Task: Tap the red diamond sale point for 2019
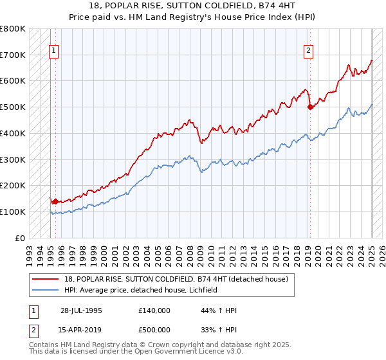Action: (310, 107)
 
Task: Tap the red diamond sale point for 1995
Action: (56, 201)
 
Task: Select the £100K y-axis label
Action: (13, 212)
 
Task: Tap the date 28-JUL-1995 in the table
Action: (81, 310)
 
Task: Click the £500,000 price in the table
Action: (154, 330)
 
